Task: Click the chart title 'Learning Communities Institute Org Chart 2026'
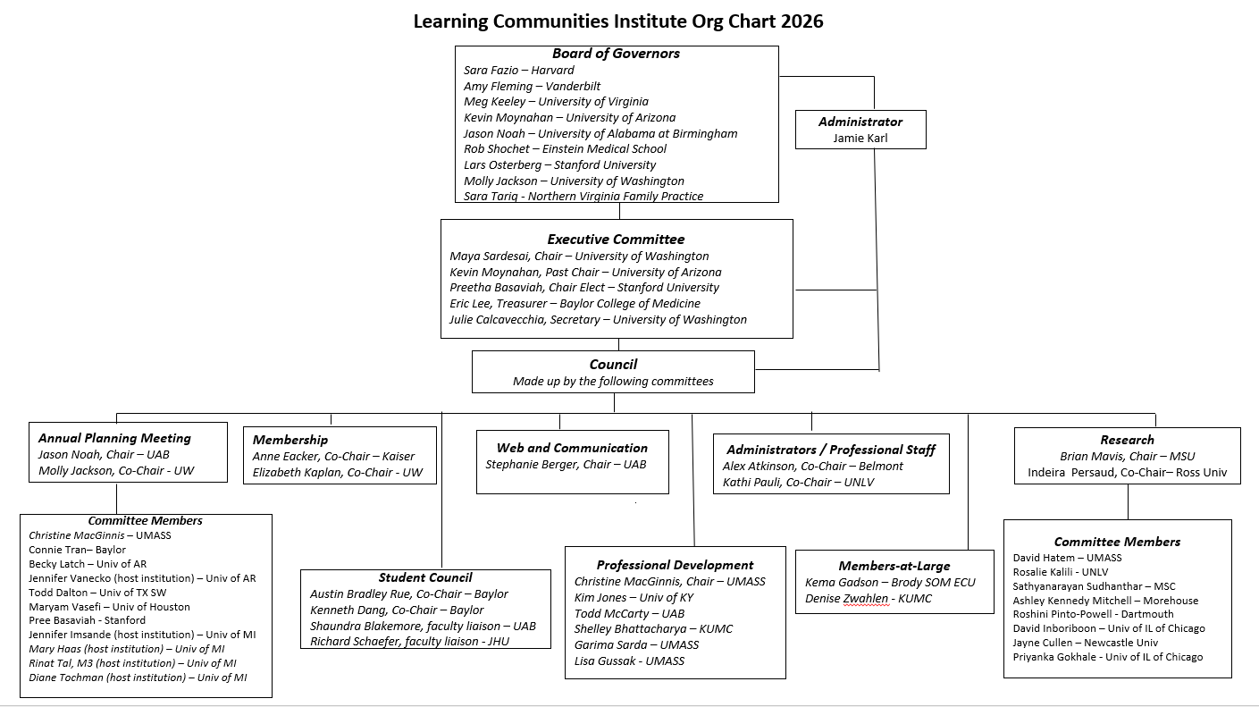click(x=617, y=21)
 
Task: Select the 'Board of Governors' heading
click(x=616, y=54)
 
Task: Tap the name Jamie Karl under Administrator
click(x=860, y=138)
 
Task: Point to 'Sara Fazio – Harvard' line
click(x=519, y=71)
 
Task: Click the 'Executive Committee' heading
click(x=616, y=240)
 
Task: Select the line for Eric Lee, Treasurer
click(x=562, y=304)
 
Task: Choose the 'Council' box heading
click(x=613, y=365)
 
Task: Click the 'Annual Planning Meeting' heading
click(x=114, y=438)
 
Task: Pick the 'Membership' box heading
click(x=290, y=440)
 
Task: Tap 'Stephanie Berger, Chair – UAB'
click(x=566, y=465)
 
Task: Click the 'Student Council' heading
click(x=425, y=577)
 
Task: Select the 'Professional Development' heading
click(x=675, y=565)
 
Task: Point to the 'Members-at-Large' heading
click(x=894, y=566)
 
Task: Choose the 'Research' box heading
click(x=1127, y=440)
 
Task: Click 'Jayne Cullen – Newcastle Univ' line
click(x=1085, y=643)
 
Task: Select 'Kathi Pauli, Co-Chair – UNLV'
click(x=798, y=483)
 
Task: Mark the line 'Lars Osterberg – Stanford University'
click(x=559, y=165)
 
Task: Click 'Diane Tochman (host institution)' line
click(x=138, y=678)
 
